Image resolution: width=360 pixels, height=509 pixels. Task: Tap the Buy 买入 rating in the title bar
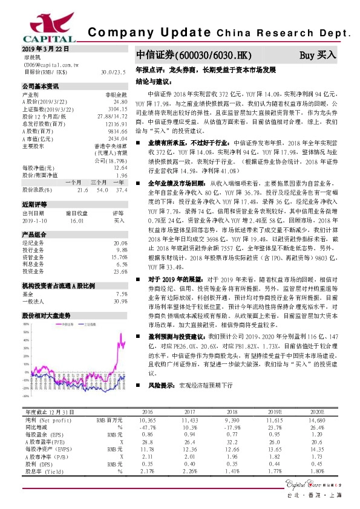point(318,55)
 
